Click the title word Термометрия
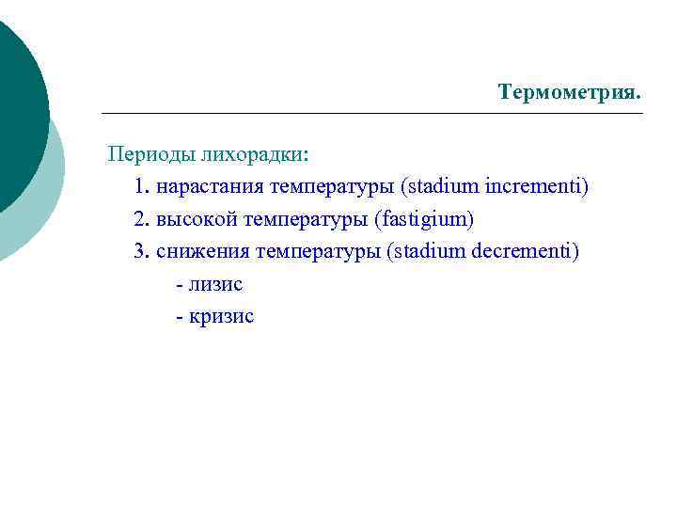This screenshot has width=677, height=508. click(570, 92)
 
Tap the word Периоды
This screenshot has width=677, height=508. click(146, 153)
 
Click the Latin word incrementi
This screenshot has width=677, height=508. click(537, 186)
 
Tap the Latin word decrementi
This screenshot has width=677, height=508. click(528, 251)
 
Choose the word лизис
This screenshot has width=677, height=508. click(215, 283)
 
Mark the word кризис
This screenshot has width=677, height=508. click(221, 316)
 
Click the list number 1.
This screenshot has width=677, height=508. click(141, 186)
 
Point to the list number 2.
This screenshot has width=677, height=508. click(141, 219)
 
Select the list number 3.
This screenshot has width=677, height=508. click(141, 251)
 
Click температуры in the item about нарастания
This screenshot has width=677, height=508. click(332, 186)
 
